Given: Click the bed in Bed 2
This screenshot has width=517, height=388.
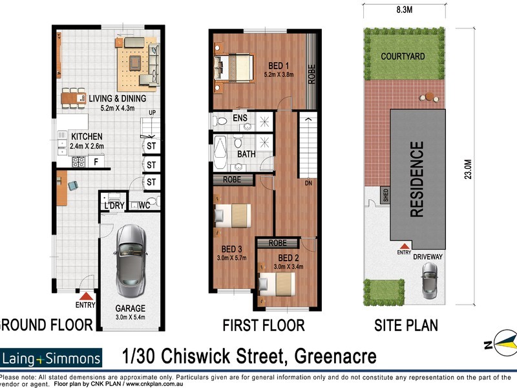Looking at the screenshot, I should pyautogui.click(x=277, y=282).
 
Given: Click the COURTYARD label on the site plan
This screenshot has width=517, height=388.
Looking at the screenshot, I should pyautogui.click(x=403, y=56).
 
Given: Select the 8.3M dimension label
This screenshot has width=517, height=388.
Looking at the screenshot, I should pyautogui.click(x=405, y=11).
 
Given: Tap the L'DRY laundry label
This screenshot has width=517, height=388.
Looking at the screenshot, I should pyautogui.click(x=114, y=206).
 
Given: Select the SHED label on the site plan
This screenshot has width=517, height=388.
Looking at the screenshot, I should pyautogui.click(x=386, y=196).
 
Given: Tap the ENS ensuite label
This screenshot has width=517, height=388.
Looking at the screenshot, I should pyautogui.click(x=240, y=118).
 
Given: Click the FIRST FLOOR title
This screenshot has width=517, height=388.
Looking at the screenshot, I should pyautogui.click(x=264, y=325).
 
